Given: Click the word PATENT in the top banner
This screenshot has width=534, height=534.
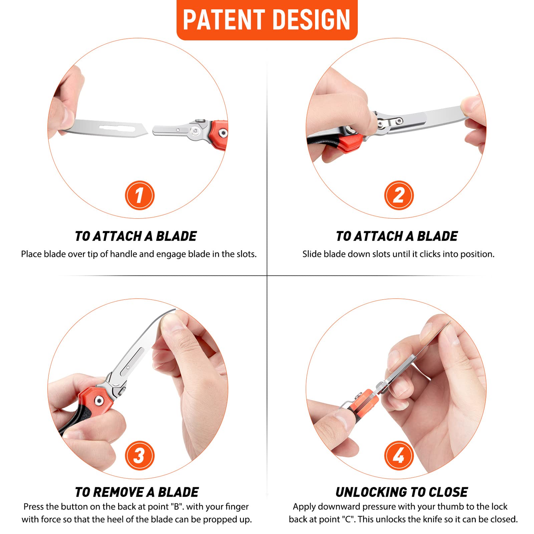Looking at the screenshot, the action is click(x=224, y=20).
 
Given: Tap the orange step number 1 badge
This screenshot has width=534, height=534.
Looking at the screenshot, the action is click(x=140, y=195).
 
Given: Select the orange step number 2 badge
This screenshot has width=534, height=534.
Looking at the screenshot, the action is click(x=399, y=195).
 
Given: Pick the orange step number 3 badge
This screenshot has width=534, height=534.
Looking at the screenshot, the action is click(x=140, y=455).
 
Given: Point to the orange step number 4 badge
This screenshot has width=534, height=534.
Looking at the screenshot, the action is click(x=399, y=455).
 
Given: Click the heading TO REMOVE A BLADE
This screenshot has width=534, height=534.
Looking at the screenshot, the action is click(x=137, y=492).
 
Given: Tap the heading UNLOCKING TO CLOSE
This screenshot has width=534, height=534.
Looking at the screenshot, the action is click(x=402, y=492).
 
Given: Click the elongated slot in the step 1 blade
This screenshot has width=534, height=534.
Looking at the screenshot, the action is click(x=118, y=127).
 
